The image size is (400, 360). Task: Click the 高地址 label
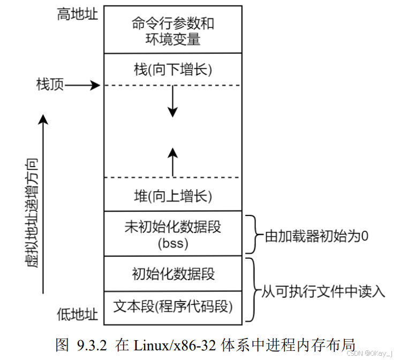click(77, 14)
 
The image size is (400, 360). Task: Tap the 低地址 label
click(77, 314)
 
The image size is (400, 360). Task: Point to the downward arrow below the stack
click(172, 102)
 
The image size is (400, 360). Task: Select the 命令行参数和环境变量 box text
click(172, 31)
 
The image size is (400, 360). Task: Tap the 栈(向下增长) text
click(172, 70)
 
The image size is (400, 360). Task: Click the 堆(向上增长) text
click(172, 196)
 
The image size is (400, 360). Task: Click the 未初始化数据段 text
click(172, 227)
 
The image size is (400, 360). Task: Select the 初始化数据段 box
click(172, 274)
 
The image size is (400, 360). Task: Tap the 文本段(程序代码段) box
click(172, 307)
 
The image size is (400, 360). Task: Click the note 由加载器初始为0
click(315, 236)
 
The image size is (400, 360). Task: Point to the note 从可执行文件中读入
click(323, 291)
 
